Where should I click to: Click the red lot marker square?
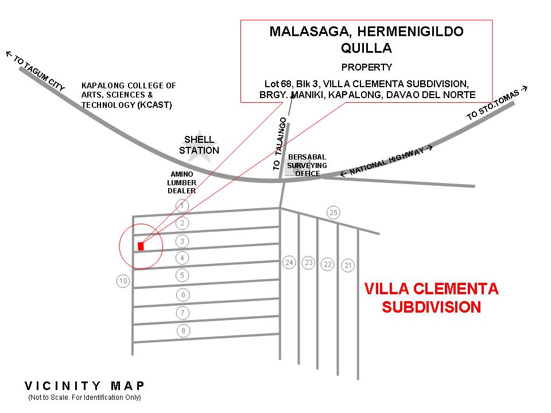click(x=141, y=246)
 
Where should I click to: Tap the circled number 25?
click(x=333, y=213)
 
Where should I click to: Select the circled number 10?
click(x=123, y=281)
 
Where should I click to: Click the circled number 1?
click(x=182, y=205)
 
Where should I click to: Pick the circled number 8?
click(x=183, y=331)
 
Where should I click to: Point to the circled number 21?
click(x=348, y=266)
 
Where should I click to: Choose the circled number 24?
click(x=289, y=263)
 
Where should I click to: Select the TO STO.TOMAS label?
click(x=497, y=104)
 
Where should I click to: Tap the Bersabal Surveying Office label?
click(x=307, y=165)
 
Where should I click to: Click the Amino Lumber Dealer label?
click(x=182, y=182)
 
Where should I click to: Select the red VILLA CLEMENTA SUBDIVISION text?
click(x=432, y=298)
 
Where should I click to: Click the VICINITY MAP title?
click(x=85, y=386)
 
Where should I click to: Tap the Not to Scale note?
click(x=84, y=398)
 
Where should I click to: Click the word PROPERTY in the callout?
click(x=367, y=67)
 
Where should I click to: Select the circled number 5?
click(x=182, y=276)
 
